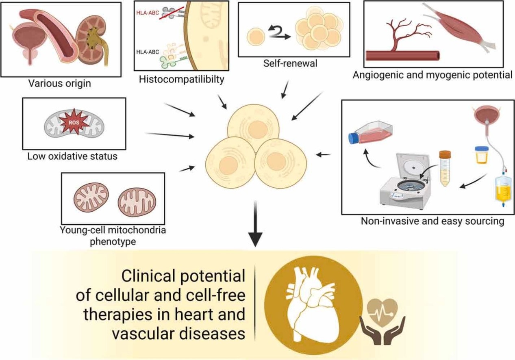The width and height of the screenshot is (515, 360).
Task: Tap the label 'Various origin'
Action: [60, 85]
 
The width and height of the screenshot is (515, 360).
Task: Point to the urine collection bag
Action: [503, 189]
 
